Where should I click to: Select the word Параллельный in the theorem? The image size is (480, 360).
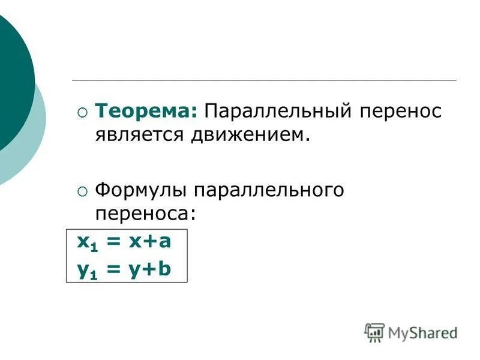pyautogui.click(x=275, y=111)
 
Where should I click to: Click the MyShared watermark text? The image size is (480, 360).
pyautogui.click(x=422, y=332)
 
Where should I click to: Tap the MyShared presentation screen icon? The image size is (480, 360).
pyautogui.click(x=374, y=332)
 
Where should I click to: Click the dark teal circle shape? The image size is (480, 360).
pyautogui.click(x=12, y=84)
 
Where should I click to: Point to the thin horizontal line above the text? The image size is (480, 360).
pyautogui.click(x=264, y=80)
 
